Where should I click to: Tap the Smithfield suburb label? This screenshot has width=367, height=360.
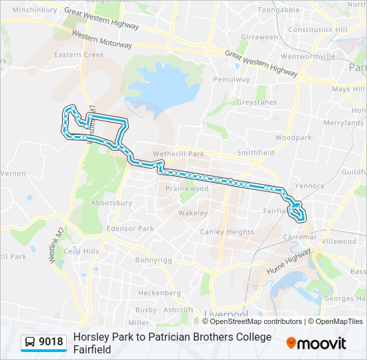click(x=256, y=153)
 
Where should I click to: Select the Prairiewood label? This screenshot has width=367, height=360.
click(x=187, y=189)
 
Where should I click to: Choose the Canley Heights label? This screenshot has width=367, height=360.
click(x=227, y=232)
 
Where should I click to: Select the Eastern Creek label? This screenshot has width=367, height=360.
click(x=81, y=55)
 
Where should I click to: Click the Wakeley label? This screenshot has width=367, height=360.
click(x=193, y=213)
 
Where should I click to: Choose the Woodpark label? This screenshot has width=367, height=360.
click(x=293, y=137)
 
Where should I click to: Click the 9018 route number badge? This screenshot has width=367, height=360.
click(x=51, y=342)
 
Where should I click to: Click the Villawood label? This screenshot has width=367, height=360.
click(x=339, y=241)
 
